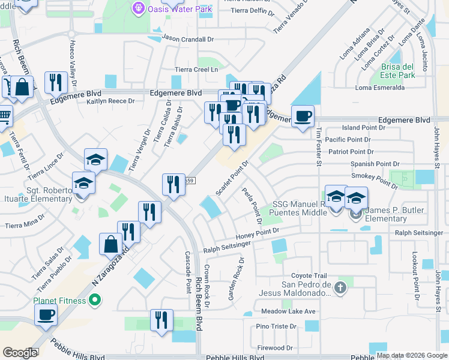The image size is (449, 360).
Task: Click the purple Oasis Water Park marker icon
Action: (139, 8)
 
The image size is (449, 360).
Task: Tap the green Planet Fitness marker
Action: (94, 300)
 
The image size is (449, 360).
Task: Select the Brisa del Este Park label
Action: (397, 71)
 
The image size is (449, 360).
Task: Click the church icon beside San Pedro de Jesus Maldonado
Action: (341, 288)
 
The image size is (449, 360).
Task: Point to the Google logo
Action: (20, 353)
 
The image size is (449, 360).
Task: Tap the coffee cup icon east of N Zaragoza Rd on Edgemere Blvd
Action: (303, 115)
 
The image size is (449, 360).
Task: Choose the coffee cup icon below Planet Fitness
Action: (46, 314)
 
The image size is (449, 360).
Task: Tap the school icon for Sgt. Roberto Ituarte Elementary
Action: (84, 182)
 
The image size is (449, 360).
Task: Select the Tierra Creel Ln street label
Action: (196, 70)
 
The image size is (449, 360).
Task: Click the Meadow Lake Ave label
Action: (288, 311)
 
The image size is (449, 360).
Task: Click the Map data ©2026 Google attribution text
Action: (412, 355)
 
